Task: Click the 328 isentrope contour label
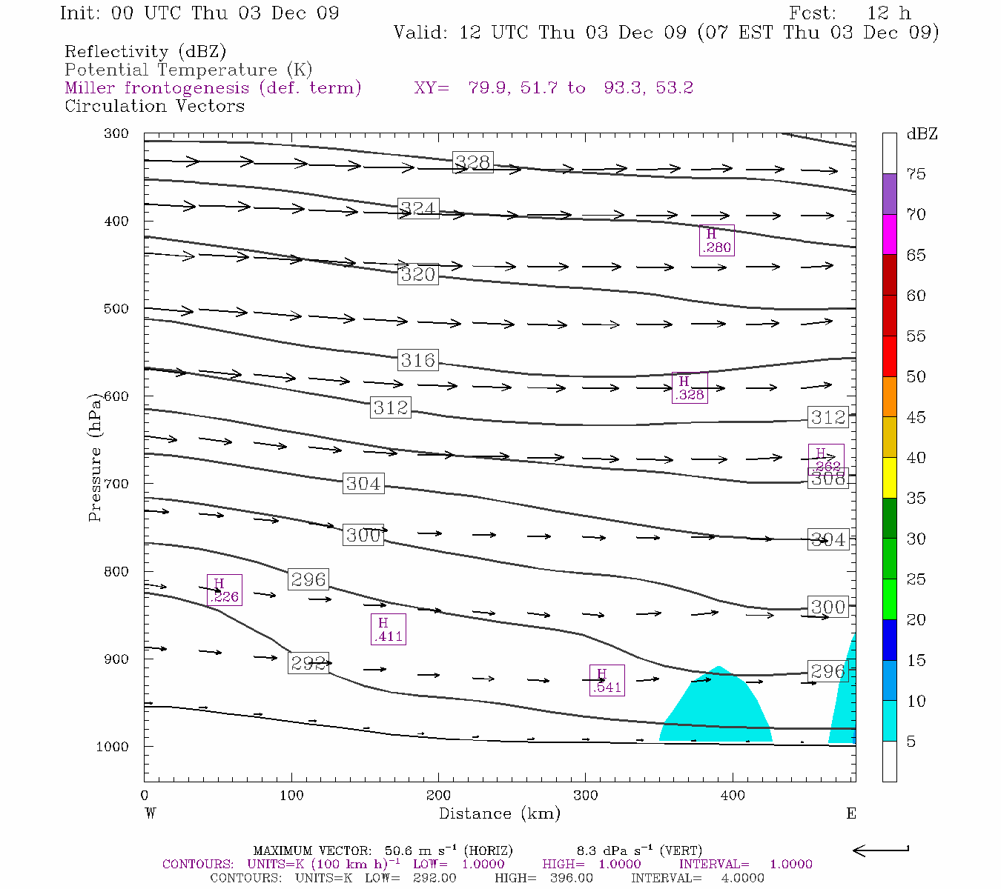click(x=473, y=162)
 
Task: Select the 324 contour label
click(x=418, y=208)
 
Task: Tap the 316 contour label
click(x=418, y=360)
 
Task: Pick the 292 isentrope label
click(x=308, y=663)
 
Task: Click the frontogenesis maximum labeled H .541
click(x=607, y=681)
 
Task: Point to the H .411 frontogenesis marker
click(x=388, y=630)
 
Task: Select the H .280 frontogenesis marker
click(x=716, y=241)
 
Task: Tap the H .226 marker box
click(x=224, y=590)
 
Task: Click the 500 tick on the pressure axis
click(x=116, y=309)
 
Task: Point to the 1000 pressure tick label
click(x=113, y=747)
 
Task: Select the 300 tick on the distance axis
click(x=586, y=796)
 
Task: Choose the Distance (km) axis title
click(x=499, y=813)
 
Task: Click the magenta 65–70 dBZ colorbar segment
click(x=889, y=234)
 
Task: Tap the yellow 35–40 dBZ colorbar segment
click(x=889, y=478)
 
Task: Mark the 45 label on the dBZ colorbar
click(x=916, y=417)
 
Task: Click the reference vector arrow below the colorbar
click(x=881, y=850)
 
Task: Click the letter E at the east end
click(x=851, y=813)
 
